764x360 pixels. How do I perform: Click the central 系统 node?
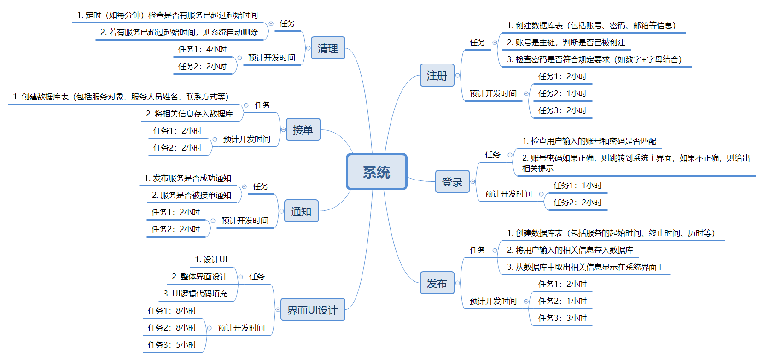[x=376, y=172]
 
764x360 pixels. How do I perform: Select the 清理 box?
[x=327, y=48]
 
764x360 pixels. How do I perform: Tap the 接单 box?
[x=303, y=130]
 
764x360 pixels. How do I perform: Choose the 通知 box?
[x=301, y=211]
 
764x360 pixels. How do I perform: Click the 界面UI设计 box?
[x=312, y=310]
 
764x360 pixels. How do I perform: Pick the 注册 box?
[x=437, y=75]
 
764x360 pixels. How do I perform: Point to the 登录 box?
[x=452, y=182]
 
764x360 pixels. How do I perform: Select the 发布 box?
[x=437, y=283]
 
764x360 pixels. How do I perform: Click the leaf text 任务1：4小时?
[x=202, y=49]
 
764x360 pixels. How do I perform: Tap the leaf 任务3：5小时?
[x=172, y=345]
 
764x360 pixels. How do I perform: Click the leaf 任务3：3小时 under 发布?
[x=562, y=318]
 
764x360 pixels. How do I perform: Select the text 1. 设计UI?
[x=211, y=260]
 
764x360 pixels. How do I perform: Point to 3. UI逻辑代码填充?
[x=195, y=294]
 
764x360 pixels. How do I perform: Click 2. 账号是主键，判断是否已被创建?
[x=566, y=42]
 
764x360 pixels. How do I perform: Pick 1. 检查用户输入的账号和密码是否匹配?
[x=589, y=141]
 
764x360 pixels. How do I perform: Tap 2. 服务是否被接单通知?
[x=192, y=195]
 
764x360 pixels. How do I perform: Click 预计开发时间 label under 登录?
[x=508, y=194]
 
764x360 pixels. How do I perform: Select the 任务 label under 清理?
[x=287, y=23]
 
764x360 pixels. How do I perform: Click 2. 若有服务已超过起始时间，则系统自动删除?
[x=179, y=32]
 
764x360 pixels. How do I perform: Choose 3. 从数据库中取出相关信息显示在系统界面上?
[x=585, y=267]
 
